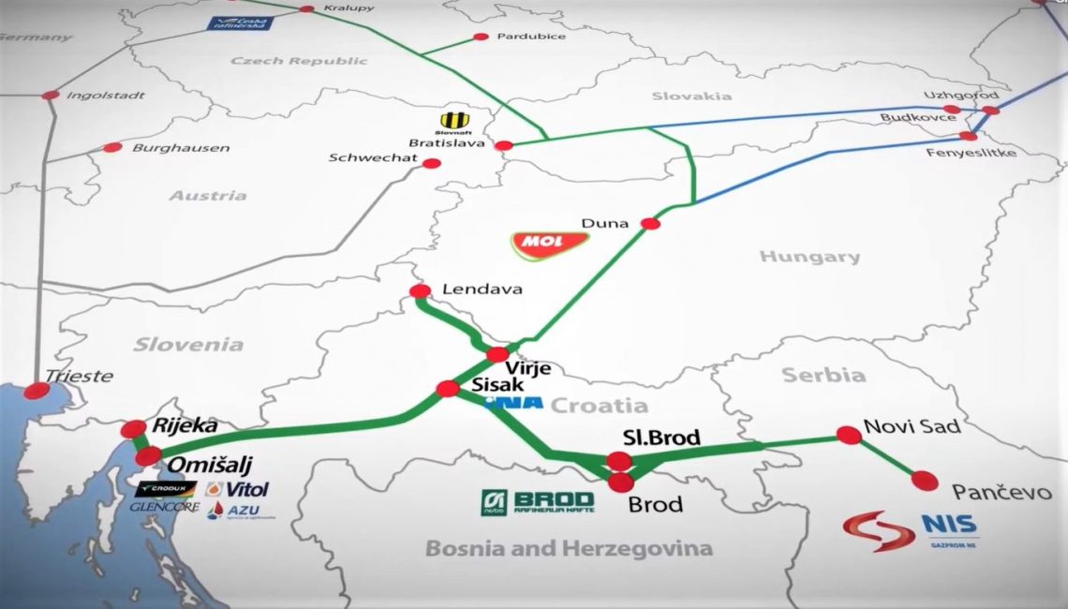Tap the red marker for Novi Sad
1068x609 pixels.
click(849, 435)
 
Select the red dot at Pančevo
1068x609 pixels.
click(925, 481)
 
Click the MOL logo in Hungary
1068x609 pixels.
click(550, 244)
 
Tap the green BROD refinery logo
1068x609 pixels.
click(537, 501)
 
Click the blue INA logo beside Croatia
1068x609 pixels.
click(514, 404)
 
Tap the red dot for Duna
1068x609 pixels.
click(649, 223)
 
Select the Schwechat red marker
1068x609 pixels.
click(432, 163)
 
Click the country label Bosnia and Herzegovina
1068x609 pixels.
click(569, 548)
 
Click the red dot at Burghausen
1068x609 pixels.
click(112, 147)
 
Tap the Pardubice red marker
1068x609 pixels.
click(481, 37)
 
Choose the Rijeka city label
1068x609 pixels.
click(185, 426)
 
